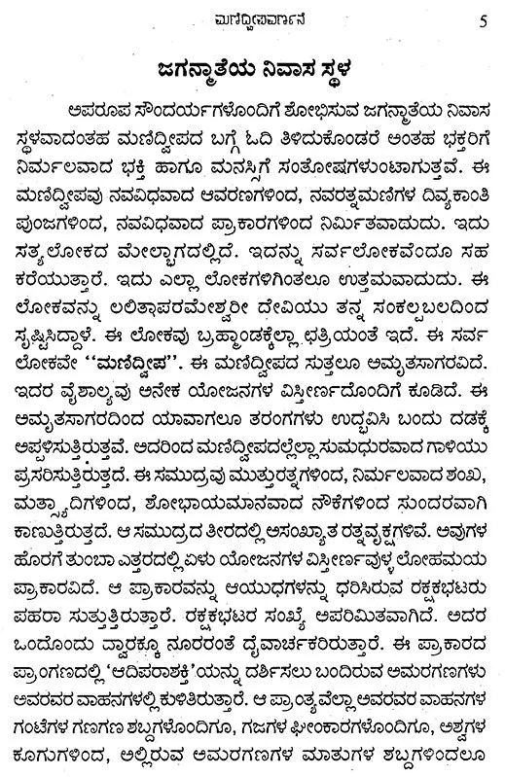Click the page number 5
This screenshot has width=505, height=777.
tap(486, 16)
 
